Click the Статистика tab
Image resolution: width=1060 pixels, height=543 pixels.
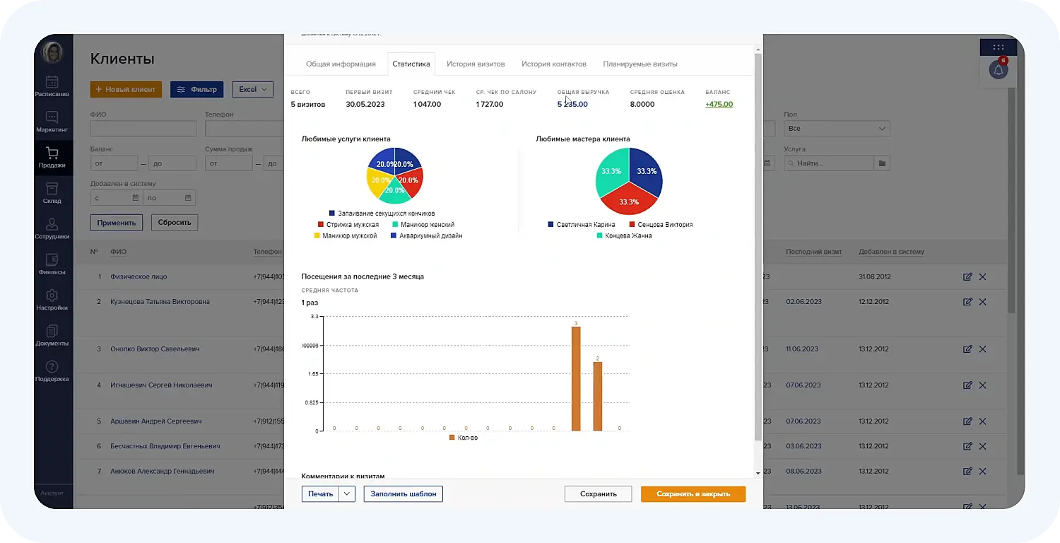(411, 64)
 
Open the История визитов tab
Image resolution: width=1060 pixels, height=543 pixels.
(476, 64)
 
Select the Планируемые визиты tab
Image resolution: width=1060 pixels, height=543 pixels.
(640, 64)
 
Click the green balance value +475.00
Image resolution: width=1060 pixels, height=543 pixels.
(719, 105)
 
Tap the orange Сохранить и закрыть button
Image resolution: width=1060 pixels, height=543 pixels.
(693, 494)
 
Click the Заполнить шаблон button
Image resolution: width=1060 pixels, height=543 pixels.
(403, 494)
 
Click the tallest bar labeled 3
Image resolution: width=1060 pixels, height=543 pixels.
(576, 378)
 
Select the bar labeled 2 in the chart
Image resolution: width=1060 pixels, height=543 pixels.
(597, 396)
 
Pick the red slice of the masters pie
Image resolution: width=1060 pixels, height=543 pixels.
(628, 198)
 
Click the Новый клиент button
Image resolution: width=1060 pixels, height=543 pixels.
(126, 90)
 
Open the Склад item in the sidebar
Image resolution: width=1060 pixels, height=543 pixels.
(52, 193)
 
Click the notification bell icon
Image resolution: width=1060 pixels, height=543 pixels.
(998, 70)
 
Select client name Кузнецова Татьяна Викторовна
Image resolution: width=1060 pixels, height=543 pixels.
(160, 302)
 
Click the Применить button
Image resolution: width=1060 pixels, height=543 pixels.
(117, 222)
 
